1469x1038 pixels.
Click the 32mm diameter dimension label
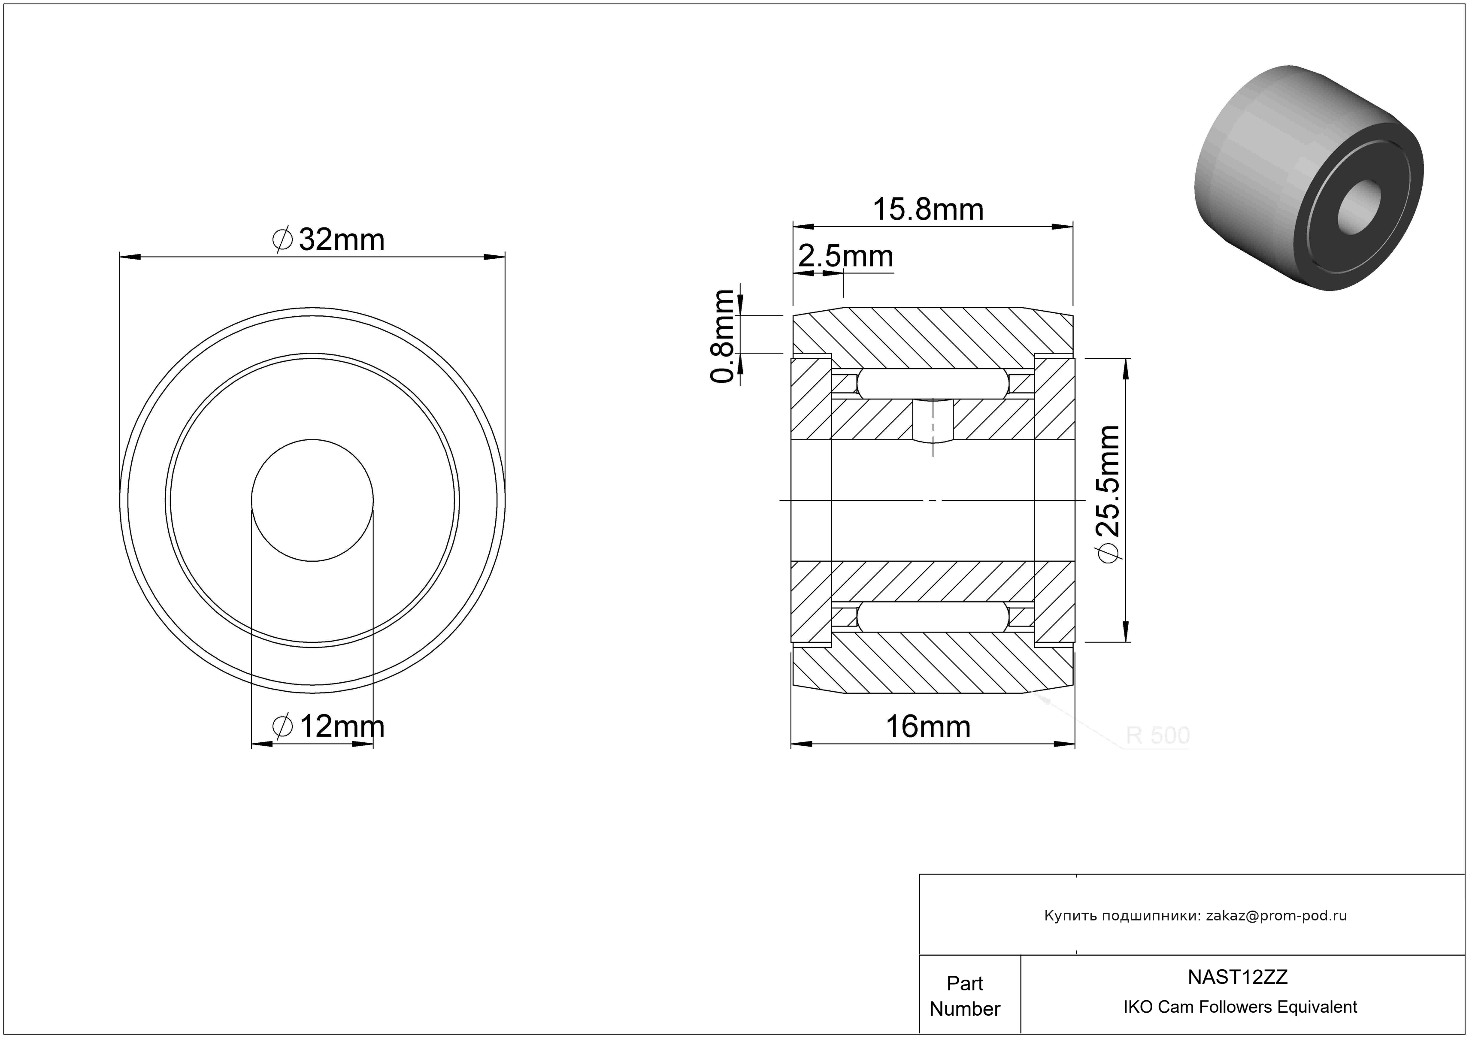pos(329,240)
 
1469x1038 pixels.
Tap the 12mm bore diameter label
pos(329,726)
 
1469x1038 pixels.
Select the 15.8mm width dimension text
pos(928,210)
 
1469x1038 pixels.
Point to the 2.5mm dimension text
pos(846,257)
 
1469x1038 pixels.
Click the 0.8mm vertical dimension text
pos(723,336)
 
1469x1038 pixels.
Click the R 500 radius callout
pos(1158,735)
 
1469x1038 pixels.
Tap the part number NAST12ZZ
pos(1237,977)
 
